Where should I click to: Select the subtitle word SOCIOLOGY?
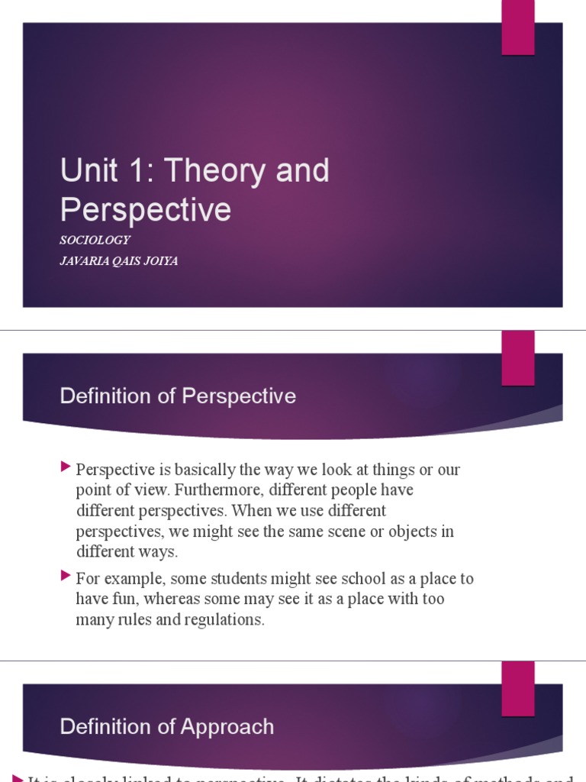coord(95,240)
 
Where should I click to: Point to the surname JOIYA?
coord(159,261)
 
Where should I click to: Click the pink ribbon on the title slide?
coord(517,27)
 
